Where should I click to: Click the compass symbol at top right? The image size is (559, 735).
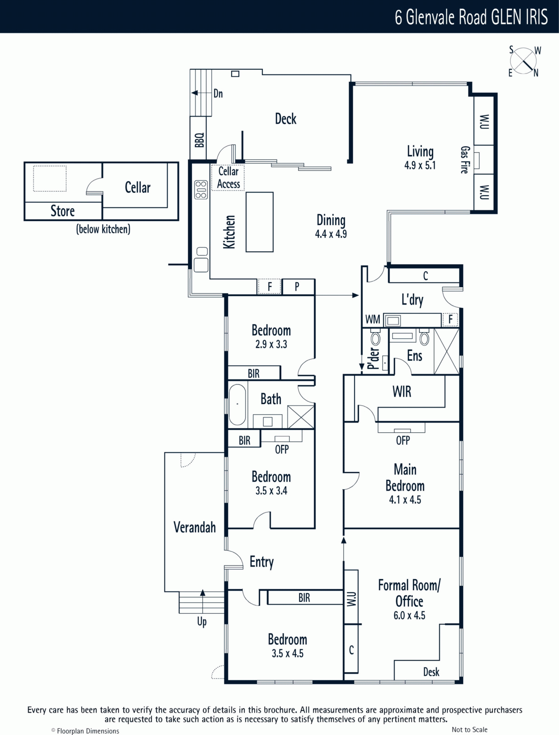tap(523, 61)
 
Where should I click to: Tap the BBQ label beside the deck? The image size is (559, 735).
tap(199, 140)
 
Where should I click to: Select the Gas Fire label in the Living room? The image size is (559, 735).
tap(465, 160)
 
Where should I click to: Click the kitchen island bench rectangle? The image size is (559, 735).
tap(260, 222)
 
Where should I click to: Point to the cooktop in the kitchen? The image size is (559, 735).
tap(201, 190)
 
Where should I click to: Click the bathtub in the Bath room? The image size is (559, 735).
tap(237, 405)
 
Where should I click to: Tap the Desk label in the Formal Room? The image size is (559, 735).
tap(431, 672)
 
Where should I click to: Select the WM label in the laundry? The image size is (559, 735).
tap(373, 319)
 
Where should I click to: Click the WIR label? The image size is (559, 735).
tap(401, 391)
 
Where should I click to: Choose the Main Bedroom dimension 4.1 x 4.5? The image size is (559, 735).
tap(405, 500)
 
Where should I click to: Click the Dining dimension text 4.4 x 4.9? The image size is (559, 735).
tap(331, 234)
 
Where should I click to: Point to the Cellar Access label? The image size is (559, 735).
tap(229, 177)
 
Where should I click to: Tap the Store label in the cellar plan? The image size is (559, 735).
tap(62, 211)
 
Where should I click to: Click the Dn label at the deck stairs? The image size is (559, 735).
tap(218, 93)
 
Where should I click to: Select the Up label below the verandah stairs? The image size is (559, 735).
tap(202, 622)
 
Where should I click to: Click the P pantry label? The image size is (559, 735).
tap(297, 287)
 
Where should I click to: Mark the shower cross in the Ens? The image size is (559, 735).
tap(446, 351)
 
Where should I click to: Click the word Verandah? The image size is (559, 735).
tap(194, 527)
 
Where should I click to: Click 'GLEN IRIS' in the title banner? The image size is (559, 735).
tap(519, 17)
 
